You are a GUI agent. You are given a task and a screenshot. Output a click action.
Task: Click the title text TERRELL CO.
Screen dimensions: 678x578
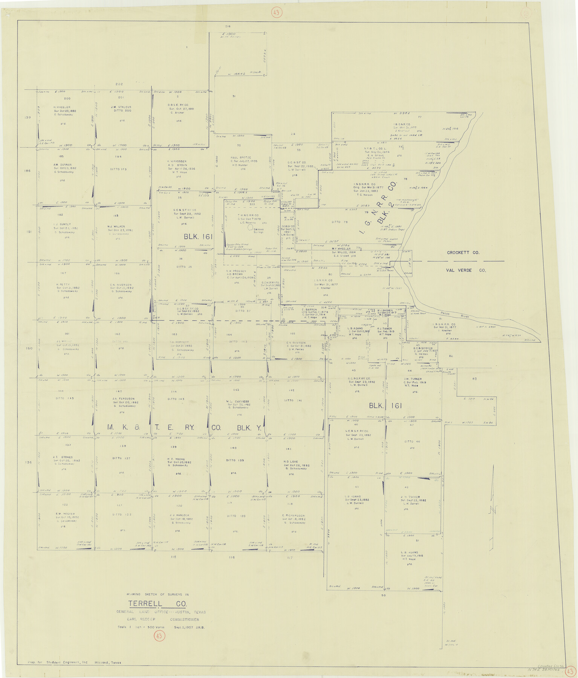157,604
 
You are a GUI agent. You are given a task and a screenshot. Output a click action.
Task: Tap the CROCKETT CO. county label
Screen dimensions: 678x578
463,253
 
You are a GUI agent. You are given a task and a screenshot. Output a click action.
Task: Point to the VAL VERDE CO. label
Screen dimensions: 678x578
466,270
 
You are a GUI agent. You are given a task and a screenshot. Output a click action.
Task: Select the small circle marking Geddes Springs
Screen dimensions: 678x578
250,228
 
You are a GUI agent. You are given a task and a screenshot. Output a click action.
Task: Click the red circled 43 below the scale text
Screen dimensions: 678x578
159,636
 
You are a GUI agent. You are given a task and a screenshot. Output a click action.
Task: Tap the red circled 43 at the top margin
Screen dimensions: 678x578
276,13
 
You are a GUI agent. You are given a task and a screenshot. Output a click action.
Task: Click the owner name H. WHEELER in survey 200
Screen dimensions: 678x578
62,107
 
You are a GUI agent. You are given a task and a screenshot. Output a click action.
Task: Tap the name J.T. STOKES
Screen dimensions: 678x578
63,457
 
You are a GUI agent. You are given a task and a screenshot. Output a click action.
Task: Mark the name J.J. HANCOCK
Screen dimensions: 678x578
179,515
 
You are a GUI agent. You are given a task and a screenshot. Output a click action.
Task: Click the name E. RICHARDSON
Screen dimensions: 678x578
293,516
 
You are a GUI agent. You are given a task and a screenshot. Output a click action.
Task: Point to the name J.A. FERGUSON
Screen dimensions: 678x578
123,399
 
